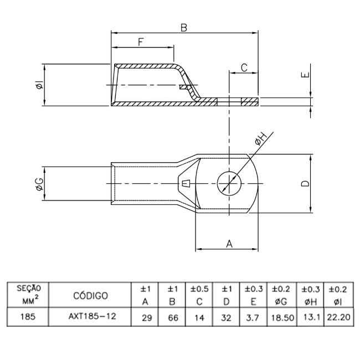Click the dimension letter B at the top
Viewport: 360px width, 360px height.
183,27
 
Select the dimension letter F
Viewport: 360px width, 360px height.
141,42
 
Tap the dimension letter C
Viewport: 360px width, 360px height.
244,68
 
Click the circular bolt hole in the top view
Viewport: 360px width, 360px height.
228,183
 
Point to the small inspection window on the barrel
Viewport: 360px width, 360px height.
186,183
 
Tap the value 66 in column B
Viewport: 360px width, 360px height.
173,320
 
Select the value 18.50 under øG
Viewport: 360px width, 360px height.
281,320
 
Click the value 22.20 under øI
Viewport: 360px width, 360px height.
337,320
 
